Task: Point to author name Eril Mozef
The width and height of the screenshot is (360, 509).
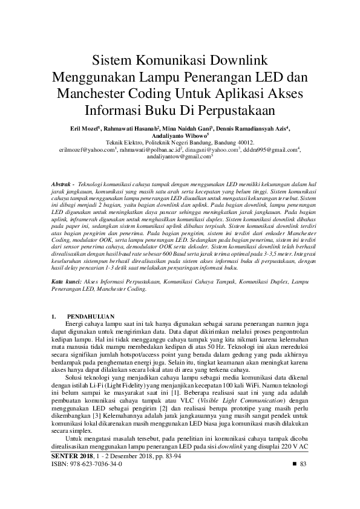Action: [x=83, y=129]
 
